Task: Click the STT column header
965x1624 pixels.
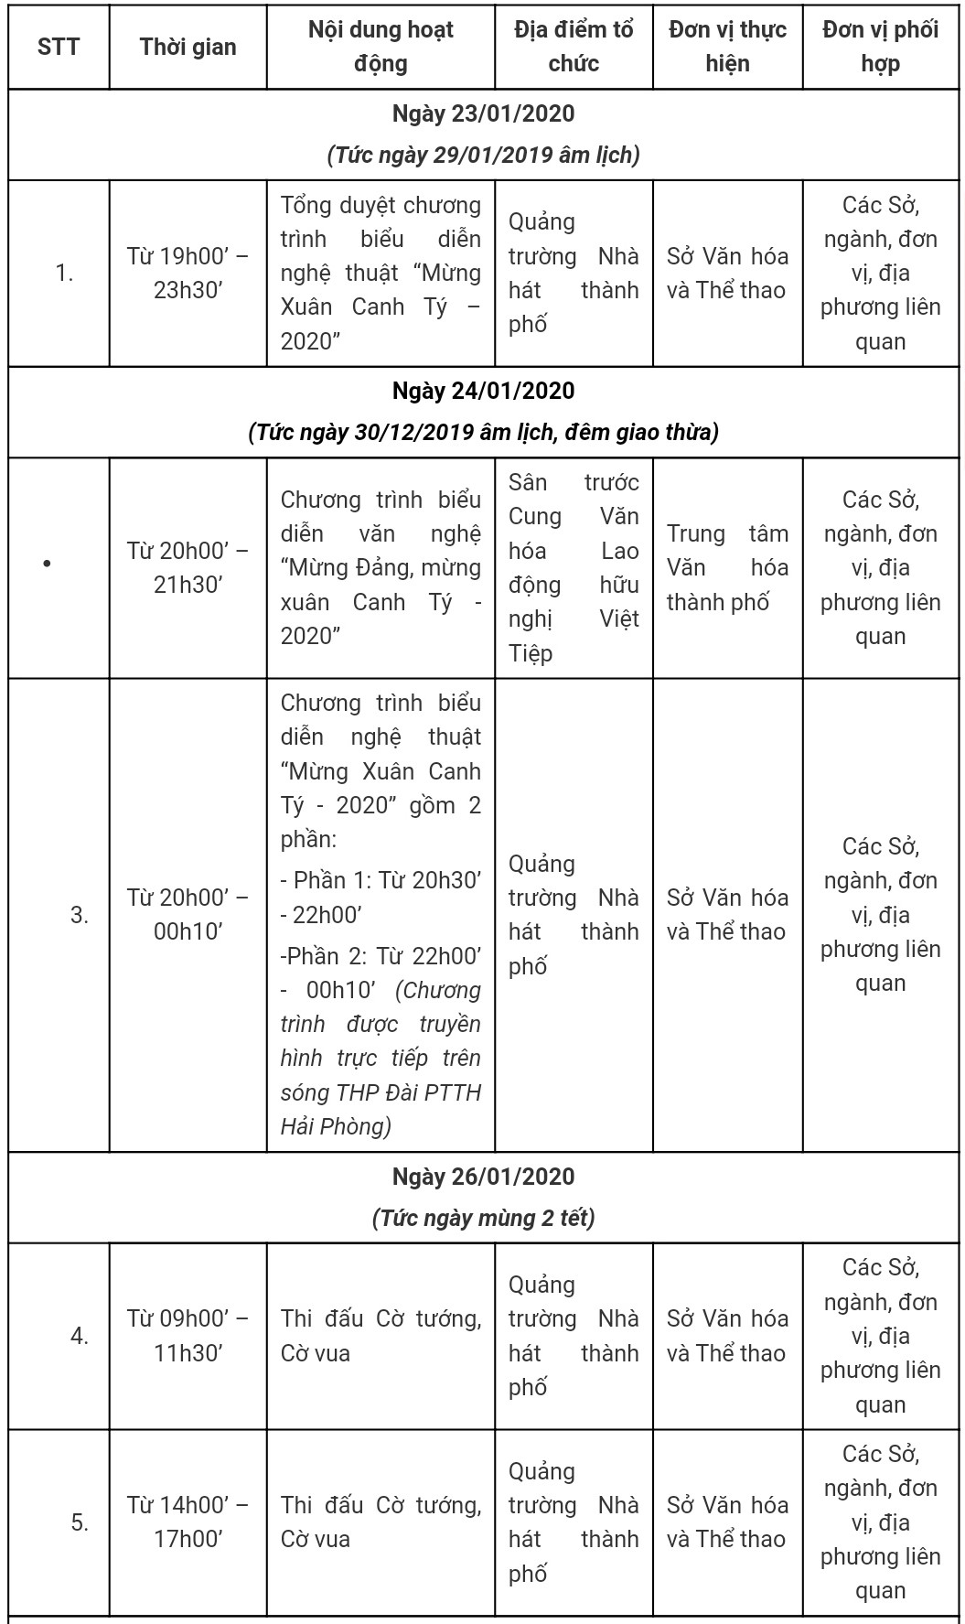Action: point(59,47)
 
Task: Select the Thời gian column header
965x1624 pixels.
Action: point(188,47)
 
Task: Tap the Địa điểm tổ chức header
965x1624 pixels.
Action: point(574,47)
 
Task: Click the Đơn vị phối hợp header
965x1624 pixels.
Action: point(880,47)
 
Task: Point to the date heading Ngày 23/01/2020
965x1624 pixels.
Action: point(483,113)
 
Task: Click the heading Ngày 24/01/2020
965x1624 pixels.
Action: point(483,391)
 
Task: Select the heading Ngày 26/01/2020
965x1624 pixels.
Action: point(483,1177)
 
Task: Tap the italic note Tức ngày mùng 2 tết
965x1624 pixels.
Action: point(483,1218)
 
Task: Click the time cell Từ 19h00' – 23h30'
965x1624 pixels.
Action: point(188,273)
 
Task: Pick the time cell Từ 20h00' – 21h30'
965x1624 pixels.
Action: point(188,567)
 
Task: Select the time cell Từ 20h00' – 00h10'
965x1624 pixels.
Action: point(188,914)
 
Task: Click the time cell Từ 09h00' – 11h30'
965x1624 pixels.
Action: point(188,1336)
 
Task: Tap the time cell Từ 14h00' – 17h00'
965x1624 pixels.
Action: point(188,1522)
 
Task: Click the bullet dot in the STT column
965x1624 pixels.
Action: point(47,564)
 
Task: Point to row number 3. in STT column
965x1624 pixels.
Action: point(80,915)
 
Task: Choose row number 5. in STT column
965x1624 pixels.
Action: point(80,1522)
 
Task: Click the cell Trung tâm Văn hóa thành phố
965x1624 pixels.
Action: point(727,567)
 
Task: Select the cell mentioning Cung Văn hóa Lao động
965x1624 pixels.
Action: point(574,567)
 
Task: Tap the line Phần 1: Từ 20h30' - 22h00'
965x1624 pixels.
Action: point(381,897)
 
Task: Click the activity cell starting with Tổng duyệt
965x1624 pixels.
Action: point(381,273)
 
